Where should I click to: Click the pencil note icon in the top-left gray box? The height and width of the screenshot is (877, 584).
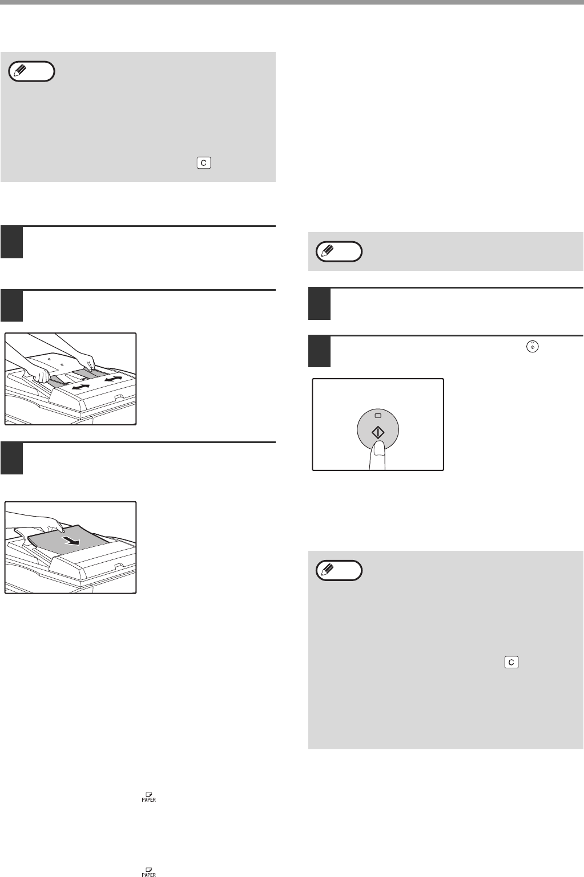[x=31, y=71]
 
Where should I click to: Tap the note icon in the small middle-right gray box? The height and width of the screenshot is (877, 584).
[x=339, y=251]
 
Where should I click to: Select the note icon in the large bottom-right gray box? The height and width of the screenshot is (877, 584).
[x=339, y=570]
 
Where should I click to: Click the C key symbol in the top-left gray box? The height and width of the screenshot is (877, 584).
[x=204, y=163]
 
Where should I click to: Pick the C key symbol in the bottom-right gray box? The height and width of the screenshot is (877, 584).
[x=511, y=662]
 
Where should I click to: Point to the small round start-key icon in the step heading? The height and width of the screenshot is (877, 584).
[x=533, y=347]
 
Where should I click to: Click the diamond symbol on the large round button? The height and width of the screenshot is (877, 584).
[x=378, y=433]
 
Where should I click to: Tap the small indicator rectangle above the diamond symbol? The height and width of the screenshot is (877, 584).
[x=378, y=415]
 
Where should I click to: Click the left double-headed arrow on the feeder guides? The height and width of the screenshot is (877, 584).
[x=80, y=387]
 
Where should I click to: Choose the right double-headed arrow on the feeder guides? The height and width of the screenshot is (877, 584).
[x=113, y=379]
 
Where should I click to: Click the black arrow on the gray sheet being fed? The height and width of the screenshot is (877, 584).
[x=72, y=541]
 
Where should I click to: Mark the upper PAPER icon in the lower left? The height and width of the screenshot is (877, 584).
[x=149, y=797]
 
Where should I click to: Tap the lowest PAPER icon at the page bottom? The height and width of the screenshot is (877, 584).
[x=149, y=872]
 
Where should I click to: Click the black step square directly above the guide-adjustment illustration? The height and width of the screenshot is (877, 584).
[x=12, y=306]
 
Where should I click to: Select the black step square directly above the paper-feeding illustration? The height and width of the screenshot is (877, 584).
[x=12, y=458]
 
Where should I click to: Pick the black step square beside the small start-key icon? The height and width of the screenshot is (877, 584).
[x=320, y=351]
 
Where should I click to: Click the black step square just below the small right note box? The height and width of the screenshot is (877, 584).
[x=320, y=304]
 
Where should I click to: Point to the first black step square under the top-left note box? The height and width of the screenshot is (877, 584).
[x=12, y=242]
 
